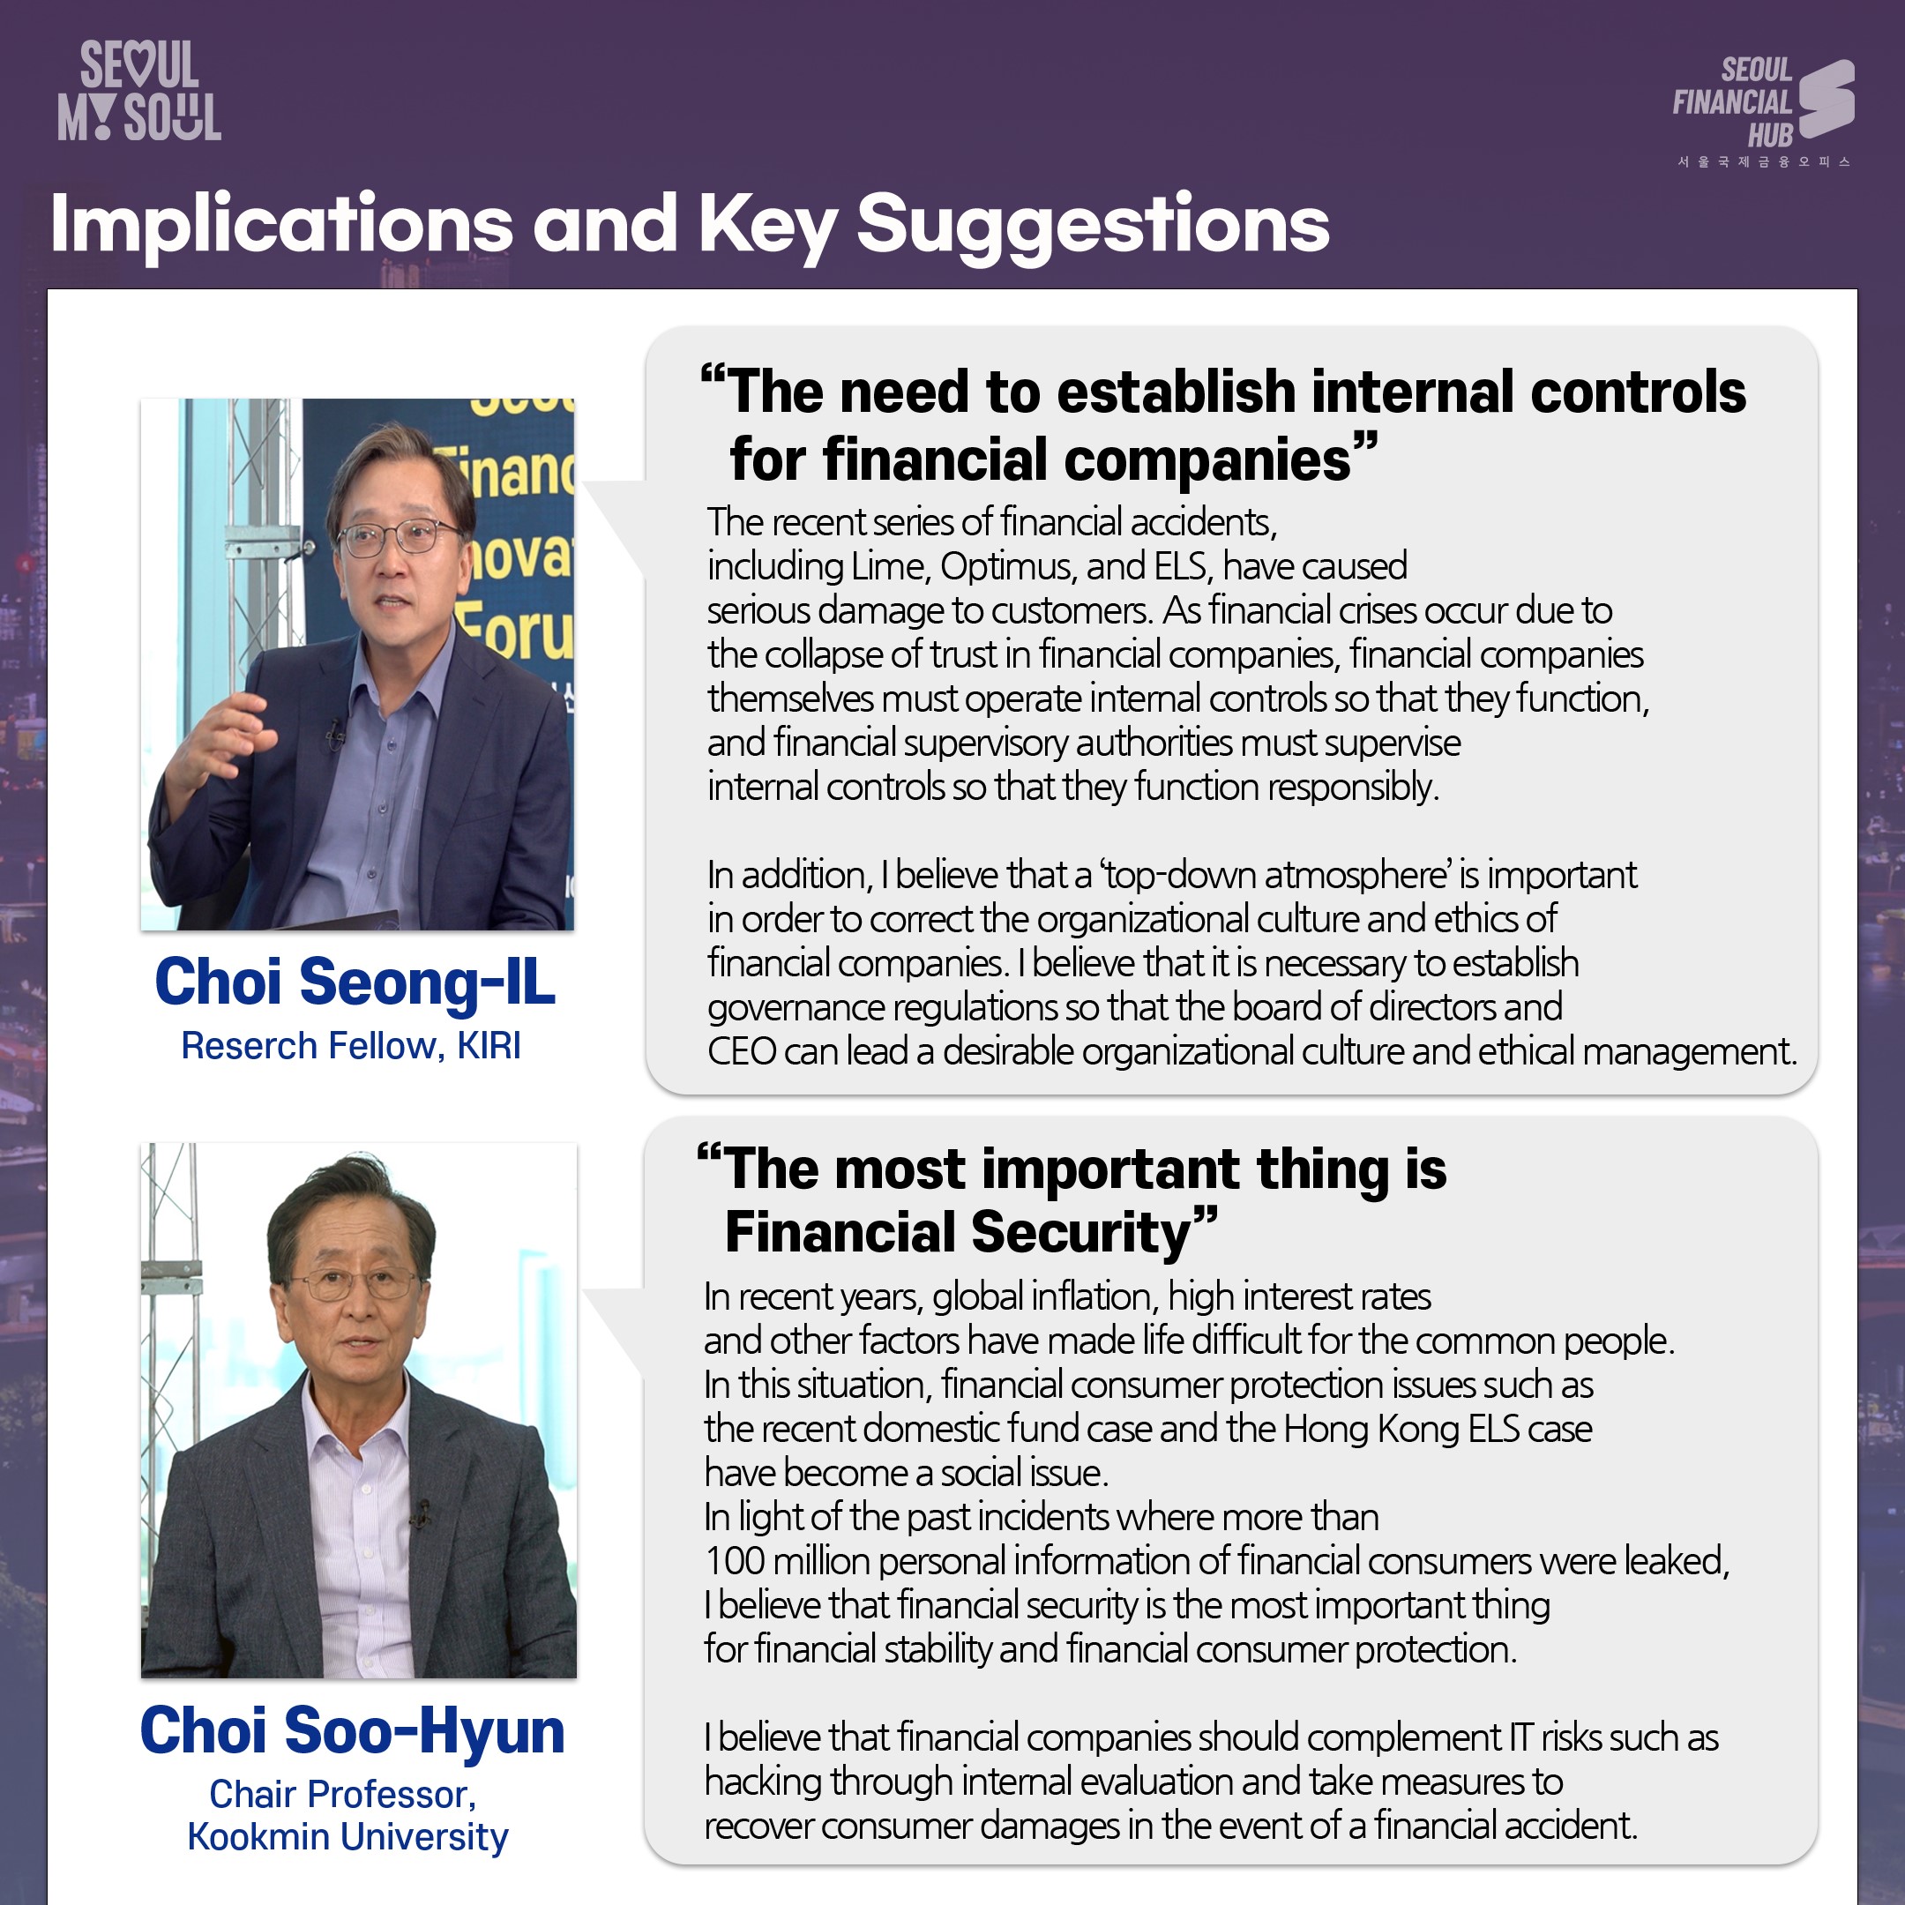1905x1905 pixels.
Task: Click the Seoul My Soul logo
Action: (x=139, y=91)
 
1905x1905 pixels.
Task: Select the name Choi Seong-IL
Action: (x=355, y=982)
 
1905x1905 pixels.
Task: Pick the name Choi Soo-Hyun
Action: (x=352, y=1731)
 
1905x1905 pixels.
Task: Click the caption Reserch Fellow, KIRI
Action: (x=351, y=1046)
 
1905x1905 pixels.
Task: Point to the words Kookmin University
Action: (x=347, y=1837)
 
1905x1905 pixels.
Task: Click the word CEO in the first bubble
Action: (x=742, y=1052)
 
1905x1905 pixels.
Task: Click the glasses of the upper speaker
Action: (x=400, y=538)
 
